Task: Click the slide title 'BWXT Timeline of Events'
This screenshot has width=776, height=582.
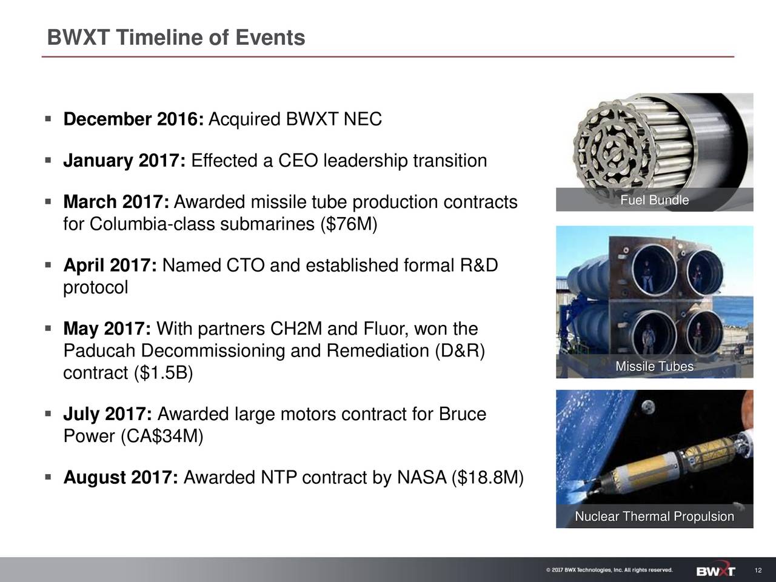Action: [x=176, y=38]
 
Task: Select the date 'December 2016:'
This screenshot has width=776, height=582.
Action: [x=134, y=120]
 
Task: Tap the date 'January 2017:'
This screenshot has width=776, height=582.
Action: [x=125, y=161]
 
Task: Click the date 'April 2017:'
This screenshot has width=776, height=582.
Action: [x=110, y=266]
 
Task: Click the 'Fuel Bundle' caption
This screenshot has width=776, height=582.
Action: [x=654, y=201]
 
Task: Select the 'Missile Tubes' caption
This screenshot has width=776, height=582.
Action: [x=654, y=367]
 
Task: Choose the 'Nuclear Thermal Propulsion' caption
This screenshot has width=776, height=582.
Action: [x=654, y=517]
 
